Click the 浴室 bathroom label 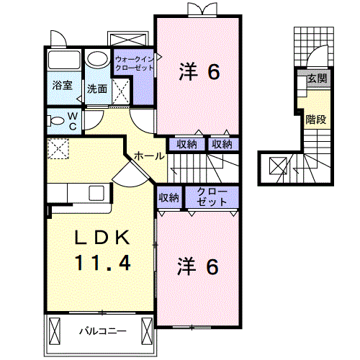(62, 86)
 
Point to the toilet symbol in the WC (54, 120)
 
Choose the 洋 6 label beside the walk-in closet (198, 71)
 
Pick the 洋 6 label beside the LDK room (198, 266)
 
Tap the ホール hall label (147, 155)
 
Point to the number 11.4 (102, 263)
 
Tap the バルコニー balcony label (102, 332)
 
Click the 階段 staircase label (315, 119)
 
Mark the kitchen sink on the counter (96, 193)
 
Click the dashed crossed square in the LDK (57, 149)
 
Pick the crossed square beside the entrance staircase (277, 166)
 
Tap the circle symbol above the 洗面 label (95, 59)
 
